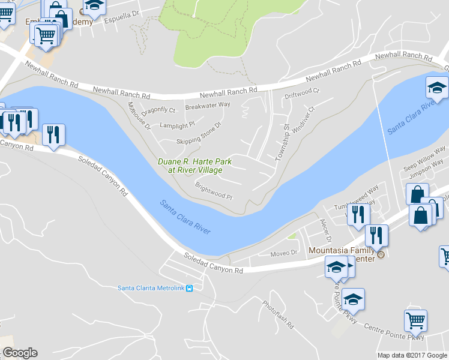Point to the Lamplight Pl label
pos(177,125)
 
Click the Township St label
pos(282,142)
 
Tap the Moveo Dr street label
pos(284,253)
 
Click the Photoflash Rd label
pos(278,314)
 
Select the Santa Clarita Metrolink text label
pos(150,288)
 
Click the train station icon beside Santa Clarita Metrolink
pos(190,288)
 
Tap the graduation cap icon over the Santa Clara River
pos(437,89)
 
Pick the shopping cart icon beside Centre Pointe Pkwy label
pos(415,321)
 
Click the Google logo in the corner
pos(20,353)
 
